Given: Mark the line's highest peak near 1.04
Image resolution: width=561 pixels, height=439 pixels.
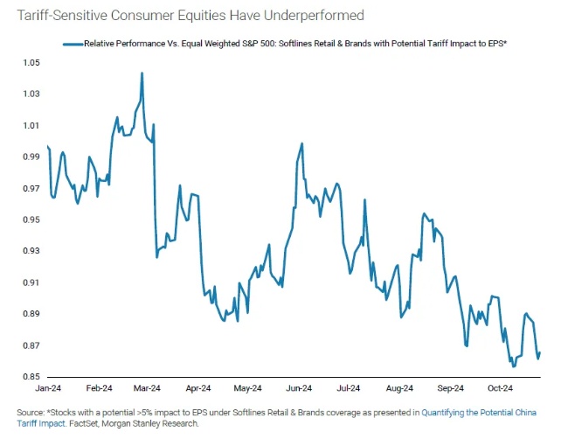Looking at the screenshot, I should point(142,73).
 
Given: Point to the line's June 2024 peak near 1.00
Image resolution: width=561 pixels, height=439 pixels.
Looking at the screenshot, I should point(301,143).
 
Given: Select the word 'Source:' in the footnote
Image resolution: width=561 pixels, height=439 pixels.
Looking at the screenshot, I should point(32,412).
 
